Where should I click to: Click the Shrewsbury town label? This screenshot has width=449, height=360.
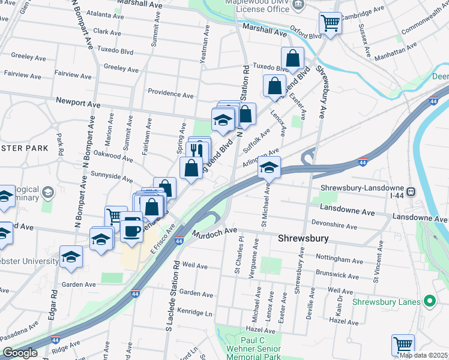[x=304, y=238]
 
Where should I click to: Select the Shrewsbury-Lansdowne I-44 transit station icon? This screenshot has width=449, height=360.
[x=411, y=192]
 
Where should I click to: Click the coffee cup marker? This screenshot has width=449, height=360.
[x=131, y=229]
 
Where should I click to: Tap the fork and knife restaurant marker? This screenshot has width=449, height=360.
[x=198, y=151]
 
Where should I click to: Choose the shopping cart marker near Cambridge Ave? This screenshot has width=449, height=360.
[x=330, y=23]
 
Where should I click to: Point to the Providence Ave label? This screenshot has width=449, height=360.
[x=171, y=94]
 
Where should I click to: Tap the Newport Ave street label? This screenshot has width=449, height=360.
[x=77, y=104]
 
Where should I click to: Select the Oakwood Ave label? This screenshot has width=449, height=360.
[x=113, y=157]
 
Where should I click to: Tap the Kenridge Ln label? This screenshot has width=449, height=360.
[x=196, y=313]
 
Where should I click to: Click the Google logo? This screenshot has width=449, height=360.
[x=20, y=353]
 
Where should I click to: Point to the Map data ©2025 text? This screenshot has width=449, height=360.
[x=423, y=355]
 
